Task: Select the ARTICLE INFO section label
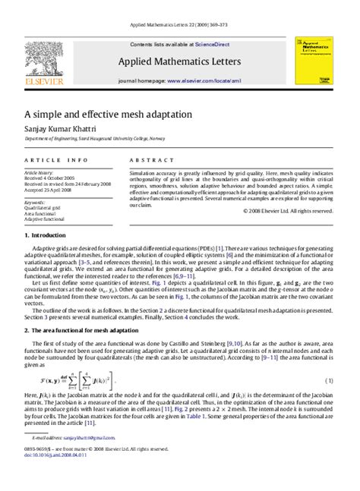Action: tap(56, 161)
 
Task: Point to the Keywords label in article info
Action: tap(35, 203)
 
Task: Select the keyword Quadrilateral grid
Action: tap(41, 209)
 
